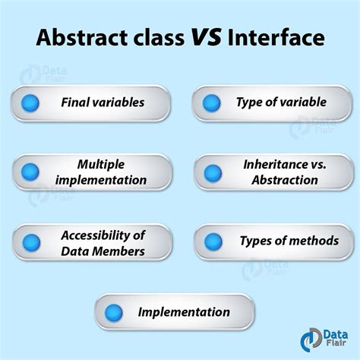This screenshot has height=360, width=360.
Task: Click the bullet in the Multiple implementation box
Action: [x=31, y=172]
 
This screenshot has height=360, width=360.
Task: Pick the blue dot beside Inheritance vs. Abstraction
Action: [x=213, y=172]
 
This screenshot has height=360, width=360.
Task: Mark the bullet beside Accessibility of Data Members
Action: [x=31, y=243]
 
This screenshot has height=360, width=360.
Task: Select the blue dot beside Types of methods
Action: [x=212, y=242]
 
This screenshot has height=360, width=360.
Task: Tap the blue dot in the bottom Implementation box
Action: [x=113, y=312]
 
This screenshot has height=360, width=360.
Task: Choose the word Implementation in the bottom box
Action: [x=183, y=312]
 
